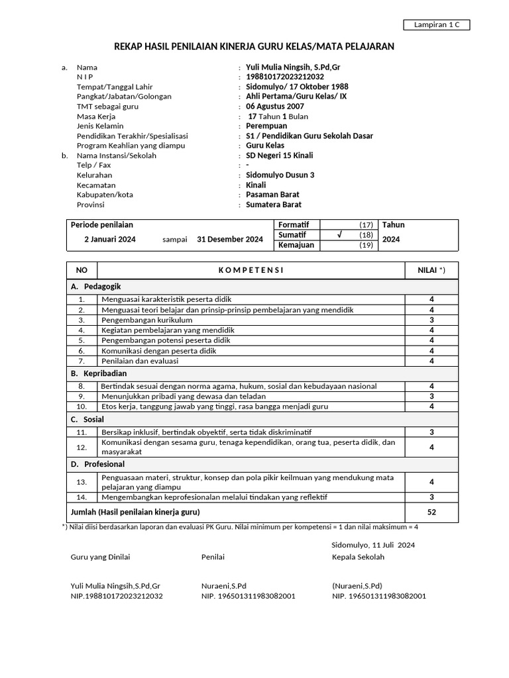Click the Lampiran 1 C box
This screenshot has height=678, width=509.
tap(436, 25)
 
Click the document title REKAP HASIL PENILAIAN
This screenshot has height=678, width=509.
tap(254, 46)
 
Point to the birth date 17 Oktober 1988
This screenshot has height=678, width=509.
tap(315, 87)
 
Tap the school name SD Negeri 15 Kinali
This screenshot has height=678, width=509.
tap(280, 156)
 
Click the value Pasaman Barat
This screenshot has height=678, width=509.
tap(272, 195)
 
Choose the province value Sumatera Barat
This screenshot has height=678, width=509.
tap(274, 205)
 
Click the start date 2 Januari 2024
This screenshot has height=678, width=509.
tap(110, 240)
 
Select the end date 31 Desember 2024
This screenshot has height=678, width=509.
tap(230, 240)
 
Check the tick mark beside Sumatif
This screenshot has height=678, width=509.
tap(339, 234)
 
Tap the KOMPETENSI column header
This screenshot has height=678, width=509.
tap(251, 270)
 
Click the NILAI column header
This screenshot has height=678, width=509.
tap(431, 270)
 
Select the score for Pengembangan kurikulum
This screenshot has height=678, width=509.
tap(431, 320)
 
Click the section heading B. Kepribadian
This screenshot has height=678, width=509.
tap(99, 373)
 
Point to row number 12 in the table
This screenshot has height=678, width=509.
tap(82, 447)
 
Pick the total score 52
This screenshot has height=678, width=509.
tap(431, 512)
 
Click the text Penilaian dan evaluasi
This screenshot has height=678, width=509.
tap(140, 361)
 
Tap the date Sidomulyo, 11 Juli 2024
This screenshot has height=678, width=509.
tap(373, 545)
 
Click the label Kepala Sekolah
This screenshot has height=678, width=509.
tap(358, 557)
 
